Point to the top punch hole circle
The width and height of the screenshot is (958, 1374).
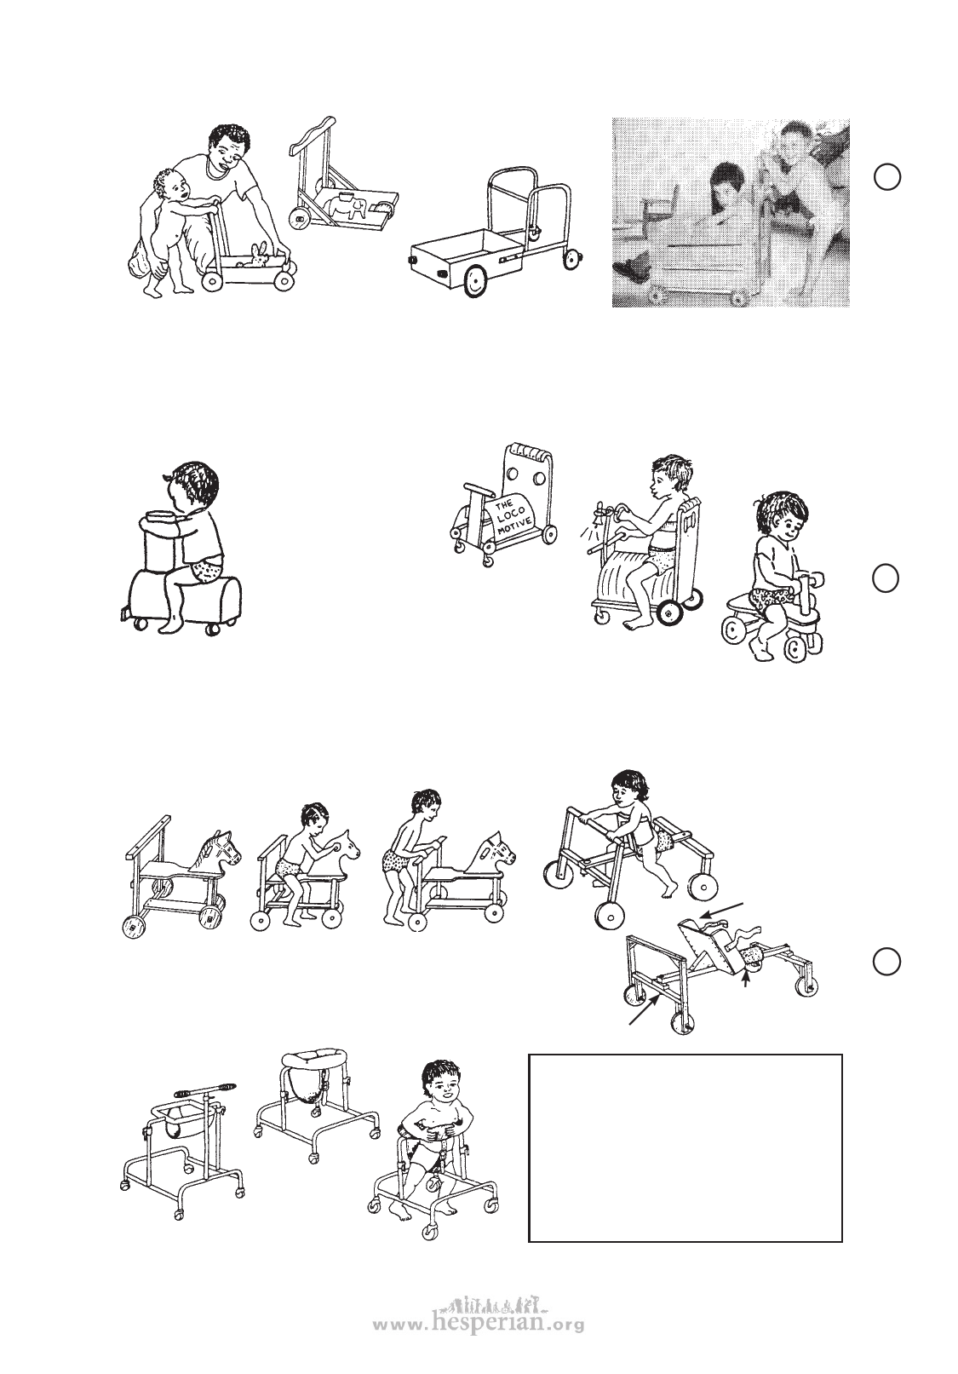886,176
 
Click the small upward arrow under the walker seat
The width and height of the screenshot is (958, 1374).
746,981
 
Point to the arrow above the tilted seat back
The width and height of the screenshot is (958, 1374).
726,911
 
